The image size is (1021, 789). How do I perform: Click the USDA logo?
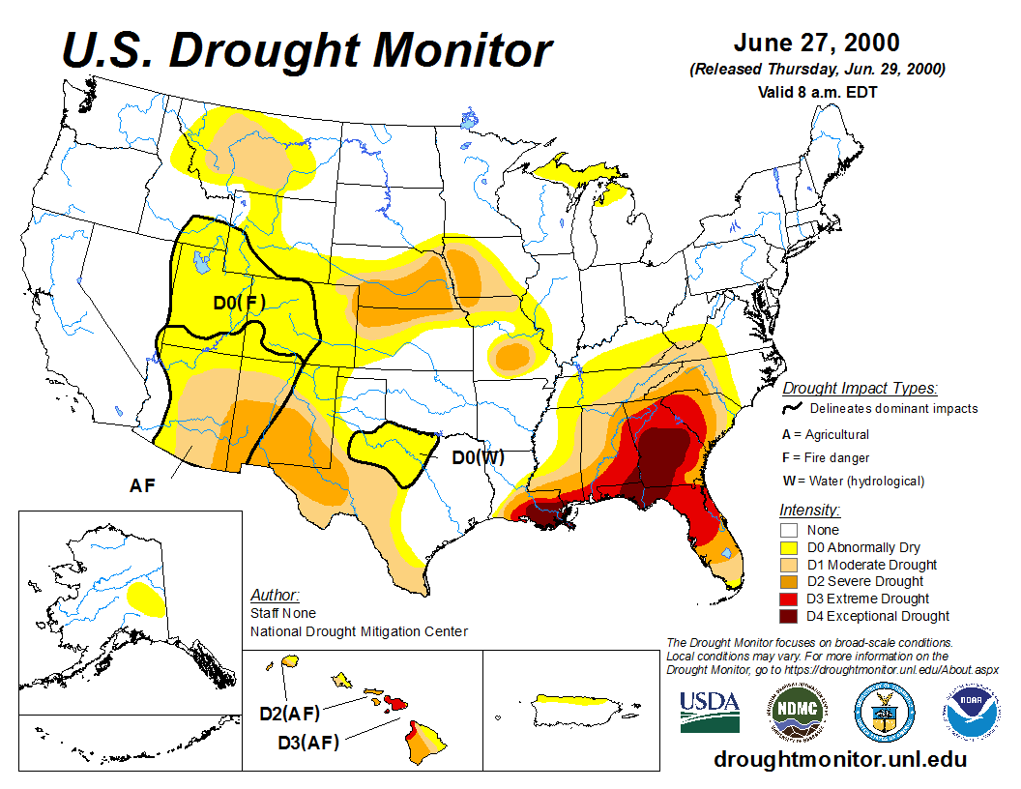(710, 712)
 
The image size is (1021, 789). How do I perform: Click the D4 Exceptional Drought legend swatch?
(789, 616)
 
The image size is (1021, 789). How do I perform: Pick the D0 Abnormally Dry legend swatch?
(789, 547)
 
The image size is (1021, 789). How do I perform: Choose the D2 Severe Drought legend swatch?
(789, 581)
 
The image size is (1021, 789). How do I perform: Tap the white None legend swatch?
(789, 530)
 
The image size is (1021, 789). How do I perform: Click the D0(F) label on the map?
(240, 303)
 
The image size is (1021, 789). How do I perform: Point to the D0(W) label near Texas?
(479, 456)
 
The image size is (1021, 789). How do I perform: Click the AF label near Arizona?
(142, 485)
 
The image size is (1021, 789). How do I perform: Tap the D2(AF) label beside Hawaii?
(289, 715)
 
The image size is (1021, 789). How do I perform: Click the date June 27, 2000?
(816, 44)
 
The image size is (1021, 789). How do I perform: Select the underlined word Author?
(275, 595)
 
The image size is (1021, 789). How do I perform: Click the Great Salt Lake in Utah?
(201, 261)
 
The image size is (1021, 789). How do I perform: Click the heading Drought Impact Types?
(860, 389)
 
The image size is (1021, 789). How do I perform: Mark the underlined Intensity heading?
(809, 510)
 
